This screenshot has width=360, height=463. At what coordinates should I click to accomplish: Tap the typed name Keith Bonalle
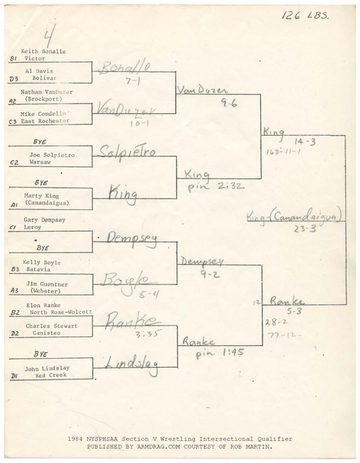click(43, 52)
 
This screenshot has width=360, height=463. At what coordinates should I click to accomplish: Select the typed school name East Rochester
click(45, 121)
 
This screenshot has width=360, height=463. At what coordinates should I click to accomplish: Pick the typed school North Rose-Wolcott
click(61, 312)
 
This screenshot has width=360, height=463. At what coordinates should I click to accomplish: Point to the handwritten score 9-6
click(229, 103)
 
